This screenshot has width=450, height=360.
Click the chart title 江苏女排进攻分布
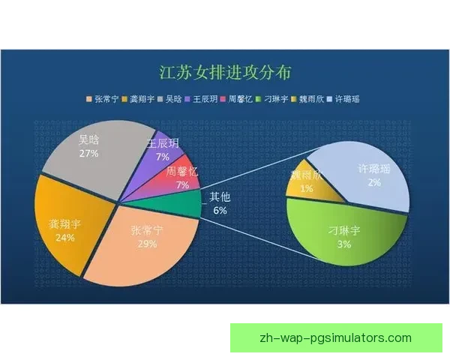click(x=225, y=73)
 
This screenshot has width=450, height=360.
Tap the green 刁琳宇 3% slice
click(x=345, y=240)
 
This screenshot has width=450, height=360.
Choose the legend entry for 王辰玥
click(x=204, y=99)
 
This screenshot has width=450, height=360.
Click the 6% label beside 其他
click(x=220, y=211)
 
